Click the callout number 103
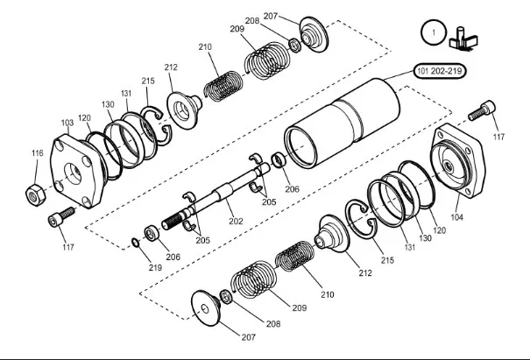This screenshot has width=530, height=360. pos(67,123)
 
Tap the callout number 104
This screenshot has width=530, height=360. pos(457,214)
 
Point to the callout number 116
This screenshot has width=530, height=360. pos(38,153)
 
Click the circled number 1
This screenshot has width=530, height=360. pos(430,33)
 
